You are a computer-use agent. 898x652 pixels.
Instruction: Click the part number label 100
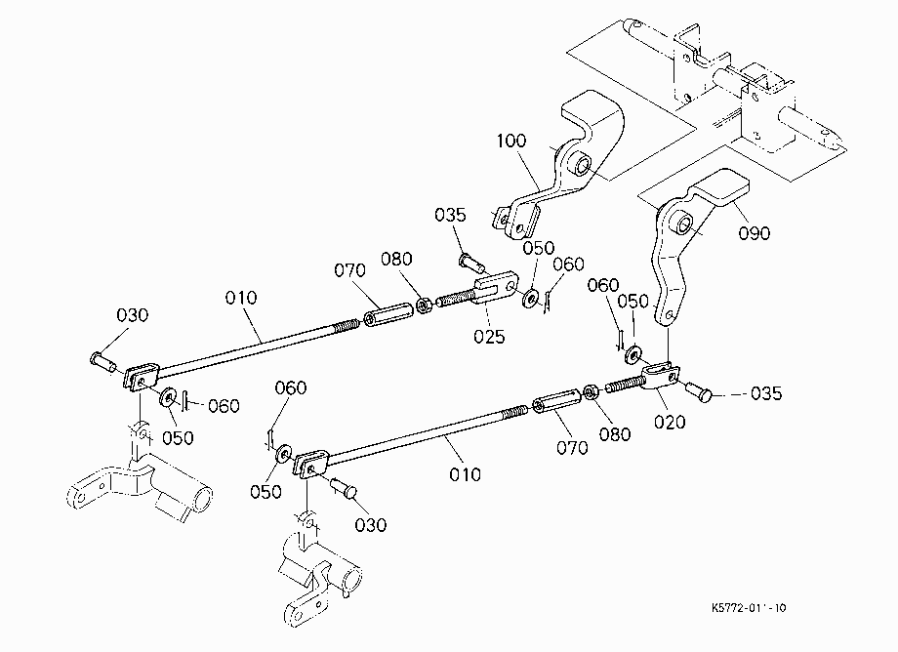pyautogui.click(x=510, y=141)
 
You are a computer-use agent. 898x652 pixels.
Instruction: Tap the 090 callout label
pyautogui.click(x=755, y=233)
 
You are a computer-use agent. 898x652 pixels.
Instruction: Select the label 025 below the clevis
pyautogui.click(x=489, y=337)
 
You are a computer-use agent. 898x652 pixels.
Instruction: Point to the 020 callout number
pyautogui.click(x=670, y=423)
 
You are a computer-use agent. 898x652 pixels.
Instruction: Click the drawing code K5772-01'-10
pyautogui.click(x=749, y=608)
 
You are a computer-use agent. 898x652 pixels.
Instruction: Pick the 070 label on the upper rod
pyautogui.click(x=349, y=270)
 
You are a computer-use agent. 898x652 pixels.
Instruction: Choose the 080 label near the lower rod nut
pyautogui.click(x=615, y=434)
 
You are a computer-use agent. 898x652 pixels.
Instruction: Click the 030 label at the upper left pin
pyautogui.click(x=133, y=315)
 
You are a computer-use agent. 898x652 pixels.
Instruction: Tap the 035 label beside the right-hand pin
pyautogui.click(x=765, y=393)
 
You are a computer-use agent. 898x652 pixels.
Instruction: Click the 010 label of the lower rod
pyautogui.click(x=465, y=474)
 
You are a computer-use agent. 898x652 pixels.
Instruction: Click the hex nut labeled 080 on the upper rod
pyautogui.click(x=424, y=306)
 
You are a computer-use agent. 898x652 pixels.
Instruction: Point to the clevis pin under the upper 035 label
pyautogui.click(x=471, y=264)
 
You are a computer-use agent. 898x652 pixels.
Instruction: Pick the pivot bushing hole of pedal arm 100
pyautogui.click(x=583, y=164)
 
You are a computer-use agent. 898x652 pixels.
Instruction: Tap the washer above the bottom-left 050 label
pyautogui.click(x=283, y=455)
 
